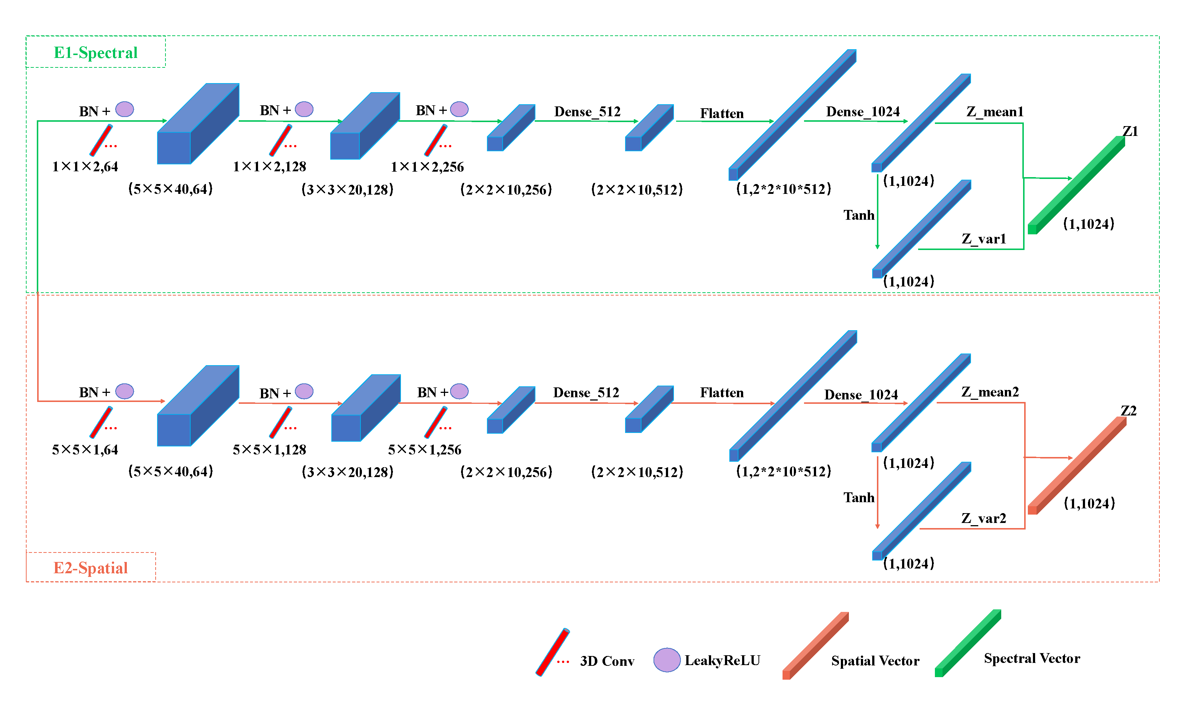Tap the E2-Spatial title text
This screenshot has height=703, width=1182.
point(90,567)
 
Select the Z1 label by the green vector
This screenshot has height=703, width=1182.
point(1130,131)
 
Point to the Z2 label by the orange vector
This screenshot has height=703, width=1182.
point(1128,411)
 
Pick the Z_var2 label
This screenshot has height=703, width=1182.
point(983,518)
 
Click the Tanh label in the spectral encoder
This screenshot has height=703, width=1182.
point(858,215)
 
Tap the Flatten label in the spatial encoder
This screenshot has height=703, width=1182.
point(722,393)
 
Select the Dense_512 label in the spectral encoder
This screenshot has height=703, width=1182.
point(587,112)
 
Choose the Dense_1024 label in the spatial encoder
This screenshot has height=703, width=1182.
point(861,395)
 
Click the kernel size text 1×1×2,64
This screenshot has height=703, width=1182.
point(85,167)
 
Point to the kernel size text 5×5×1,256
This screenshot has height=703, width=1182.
point(425,450)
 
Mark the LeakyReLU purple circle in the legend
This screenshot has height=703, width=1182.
point(667,660)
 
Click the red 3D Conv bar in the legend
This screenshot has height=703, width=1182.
point(553,652)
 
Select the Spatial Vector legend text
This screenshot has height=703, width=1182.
point(875,661)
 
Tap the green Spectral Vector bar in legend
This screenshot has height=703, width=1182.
point(968,643)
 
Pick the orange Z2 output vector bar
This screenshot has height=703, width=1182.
point(1077,465)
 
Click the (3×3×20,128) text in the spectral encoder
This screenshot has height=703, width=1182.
point(347,190)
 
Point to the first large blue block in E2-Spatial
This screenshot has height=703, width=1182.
point(198,406)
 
